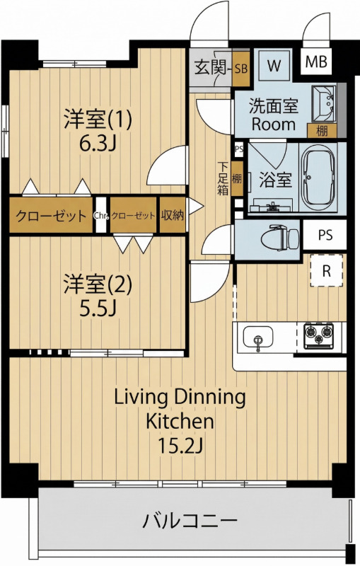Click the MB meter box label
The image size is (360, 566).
point(316,62)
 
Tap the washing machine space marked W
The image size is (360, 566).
point(274,66)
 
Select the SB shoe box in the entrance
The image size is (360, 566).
point(241,69)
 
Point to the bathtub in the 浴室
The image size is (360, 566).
point(318,178)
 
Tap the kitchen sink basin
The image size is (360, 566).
point(258,337)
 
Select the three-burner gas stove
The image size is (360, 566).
point(318,335)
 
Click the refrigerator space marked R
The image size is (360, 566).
point(327,270)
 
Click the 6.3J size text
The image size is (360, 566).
point(98,144)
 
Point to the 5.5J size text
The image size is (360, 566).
point(98,308)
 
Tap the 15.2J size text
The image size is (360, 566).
point(181,446)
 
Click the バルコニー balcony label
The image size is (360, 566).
point(190,521)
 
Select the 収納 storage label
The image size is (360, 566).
point(173,215)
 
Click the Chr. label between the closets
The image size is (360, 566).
point(101,216)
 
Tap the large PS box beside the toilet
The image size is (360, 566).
point(325,235)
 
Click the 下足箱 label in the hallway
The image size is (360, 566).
point(223,179)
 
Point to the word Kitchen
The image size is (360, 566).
point(180,421)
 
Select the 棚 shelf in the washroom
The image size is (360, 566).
point(322,131)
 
